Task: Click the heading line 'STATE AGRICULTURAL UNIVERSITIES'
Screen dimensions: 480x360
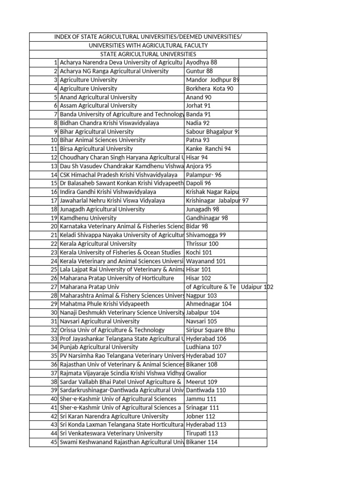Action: point(148,54)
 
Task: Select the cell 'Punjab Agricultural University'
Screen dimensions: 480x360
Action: point(99,347)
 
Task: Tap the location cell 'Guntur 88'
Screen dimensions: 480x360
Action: point(199,71)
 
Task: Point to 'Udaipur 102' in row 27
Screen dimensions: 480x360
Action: point(257,287)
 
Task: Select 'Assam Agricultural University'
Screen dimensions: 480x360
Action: point(98,106)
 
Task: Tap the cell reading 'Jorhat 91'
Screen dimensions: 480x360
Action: point(198,106)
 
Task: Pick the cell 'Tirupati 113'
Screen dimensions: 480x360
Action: point(202,434)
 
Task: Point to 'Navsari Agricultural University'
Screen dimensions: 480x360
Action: point(100,322)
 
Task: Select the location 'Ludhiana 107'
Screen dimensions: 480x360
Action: point(203,347)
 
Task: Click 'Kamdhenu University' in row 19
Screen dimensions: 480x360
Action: point(88,218)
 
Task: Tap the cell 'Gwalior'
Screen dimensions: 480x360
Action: point(196,373)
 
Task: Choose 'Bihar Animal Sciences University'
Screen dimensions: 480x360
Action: point(103,140)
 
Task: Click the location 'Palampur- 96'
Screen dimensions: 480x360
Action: point(203,175)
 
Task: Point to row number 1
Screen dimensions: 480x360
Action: point(55,62)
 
